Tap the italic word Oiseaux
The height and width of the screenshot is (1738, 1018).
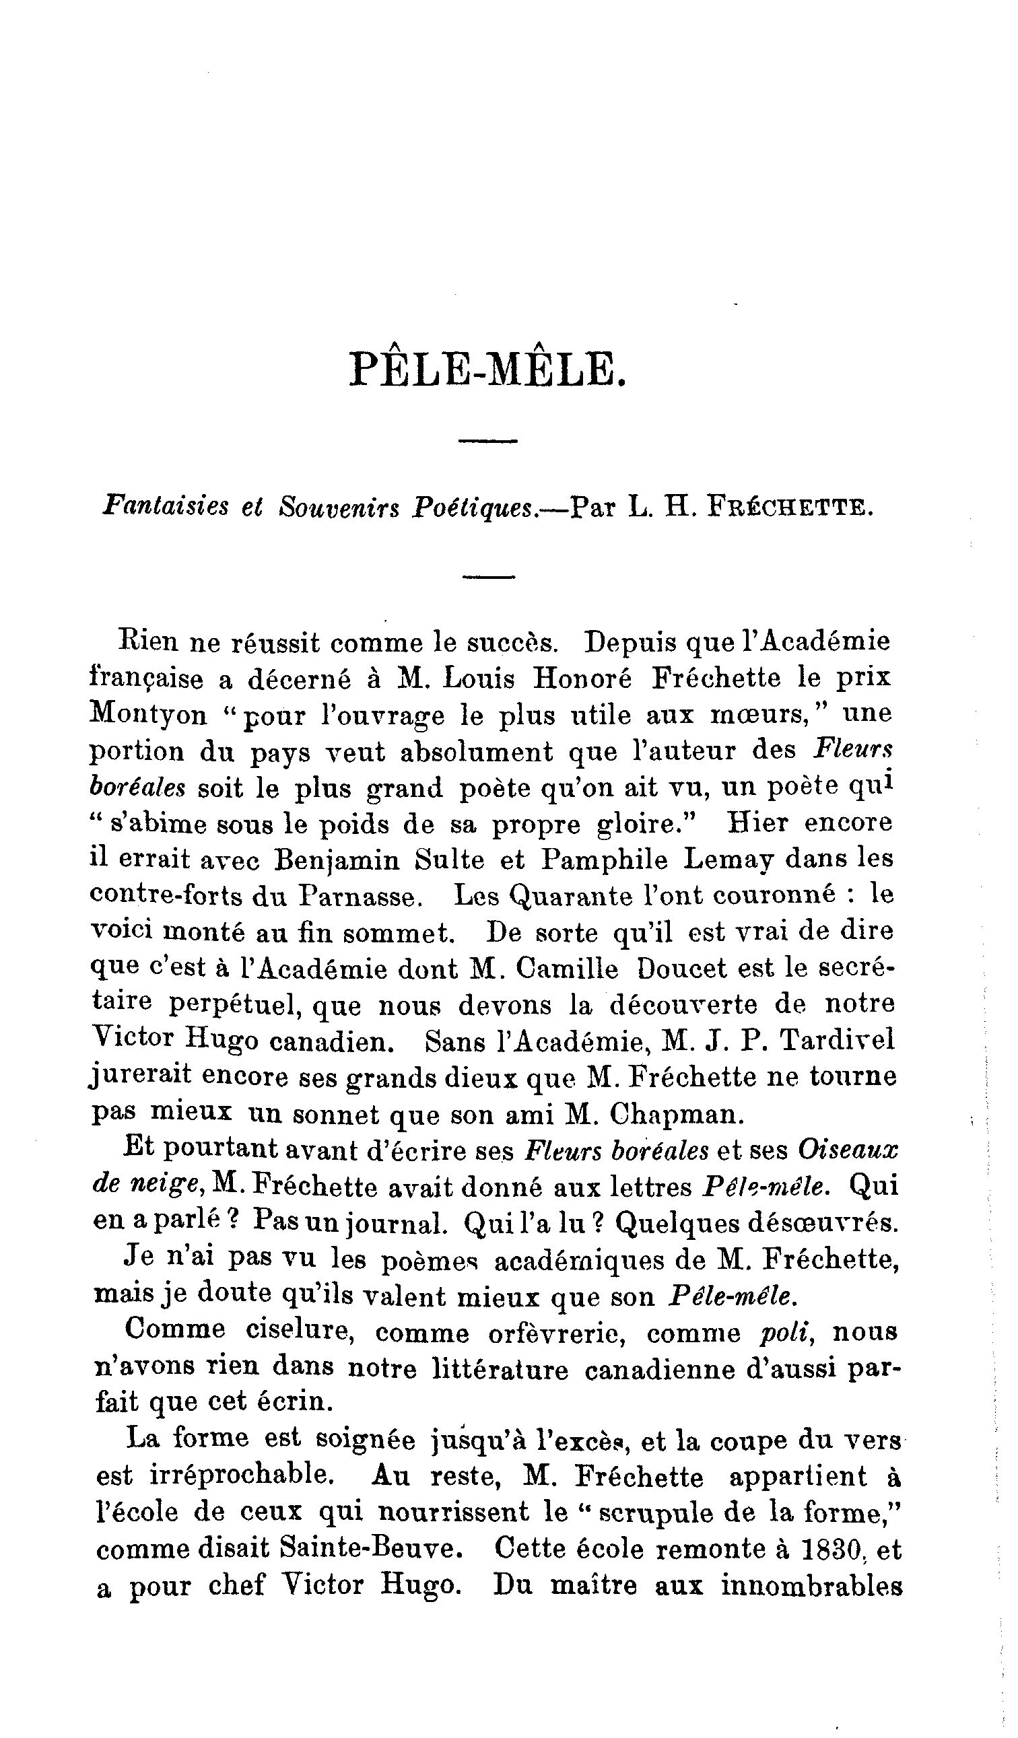click(x=848, y=1150)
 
